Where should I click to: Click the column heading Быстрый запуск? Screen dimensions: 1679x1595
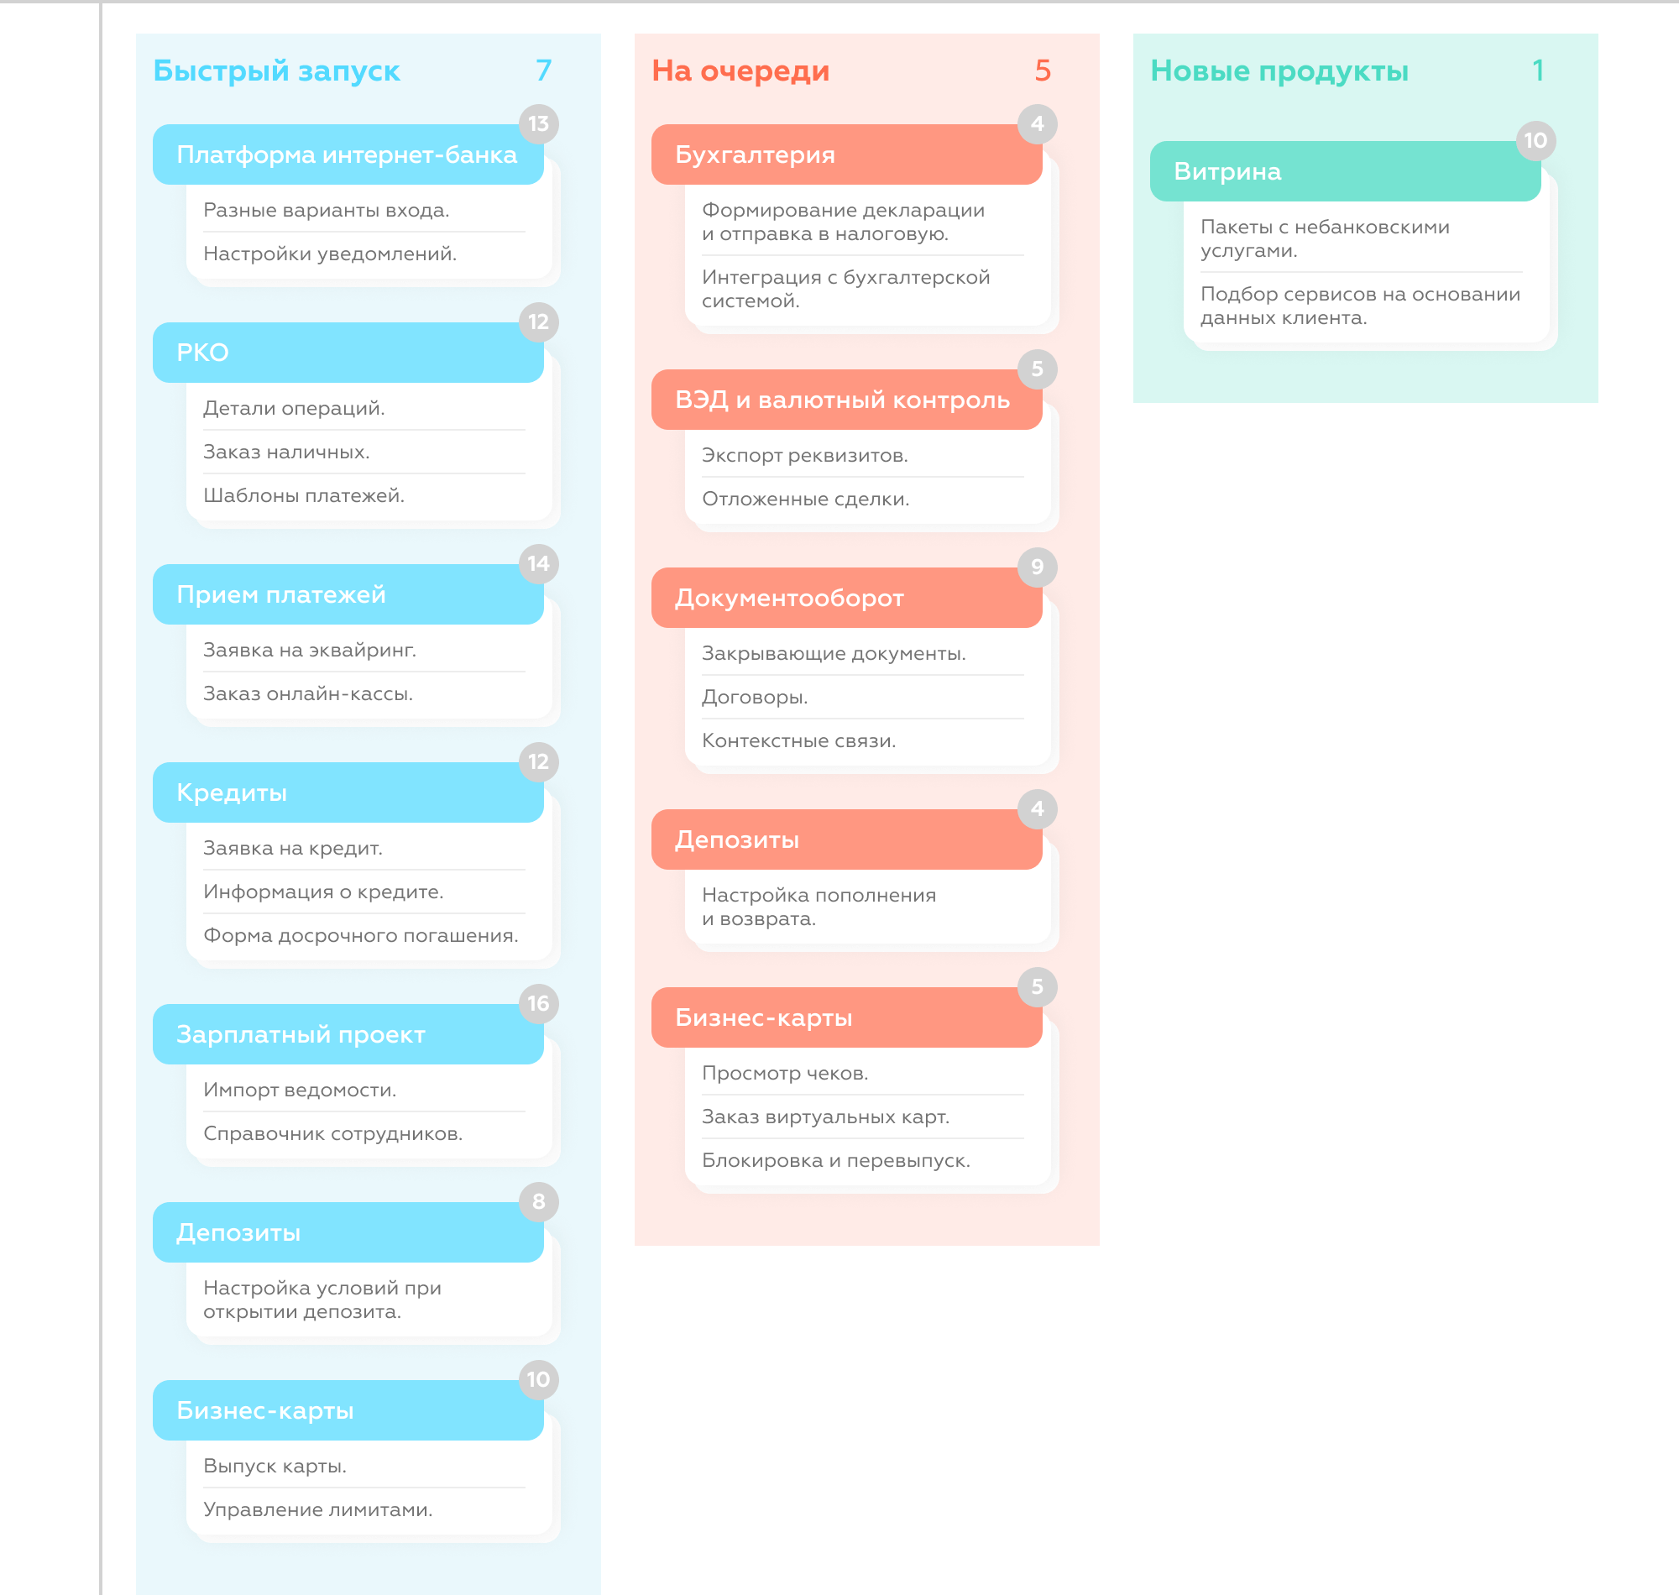point(276,71)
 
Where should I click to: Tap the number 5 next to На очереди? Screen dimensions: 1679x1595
point(1043,71)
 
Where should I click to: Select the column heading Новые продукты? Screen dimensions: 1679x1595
point(1279,71)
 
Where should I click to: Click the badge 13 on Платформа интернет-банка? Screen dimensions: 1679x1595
point(539,124)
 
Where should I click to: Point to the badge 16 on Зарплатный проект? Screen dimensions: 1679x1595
point(539,1003)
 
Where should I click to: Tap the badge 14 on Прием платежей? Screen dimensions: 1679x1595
point(539,563)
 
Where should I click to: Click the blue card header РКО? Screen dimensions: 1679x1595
point(348,352)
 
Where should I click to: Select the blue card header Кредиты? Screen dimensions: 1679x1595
point(348,792)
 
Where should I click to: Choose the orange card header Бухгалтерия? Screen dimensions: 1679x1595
point(847,154)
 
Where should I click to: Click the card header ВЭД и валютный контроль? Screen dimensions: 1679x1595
point(847,400)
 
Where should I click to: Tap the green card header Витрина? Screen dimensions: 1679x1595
point(1345,172)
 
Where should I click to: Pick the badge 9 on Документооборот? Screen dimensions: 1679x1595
point(1037,567)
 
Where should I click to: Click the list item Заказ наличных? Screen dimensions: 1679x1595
point(286,452)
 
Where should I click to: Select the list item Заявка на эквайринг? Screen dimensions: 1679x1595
point(310,651)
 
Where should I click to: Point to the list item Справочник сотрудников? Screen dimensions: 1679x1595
point(332,1134)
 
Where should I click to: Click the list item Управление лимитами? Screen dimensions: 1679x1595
point(318,1510)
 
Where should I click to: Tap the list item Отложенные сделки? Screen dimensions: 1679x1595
point(805,499)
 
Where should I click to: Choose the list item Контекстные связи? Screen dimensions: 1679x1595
point(798,741)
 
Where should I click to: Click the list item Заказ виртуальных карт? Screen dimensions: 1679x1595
point(825,1117)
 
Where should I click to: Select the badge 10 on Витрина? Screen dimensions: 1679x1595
point(1535,140)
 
